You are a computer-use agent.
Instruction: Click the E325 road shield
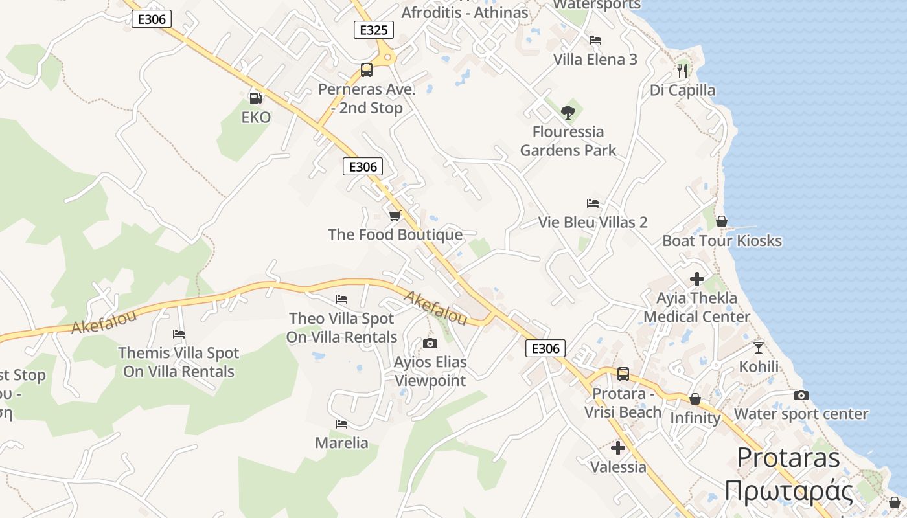point(374,30)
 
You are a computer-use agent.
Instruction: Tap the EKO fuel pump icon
point(255,98)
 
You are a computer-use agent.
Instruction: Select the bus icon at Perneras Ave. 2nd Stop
point(367,70)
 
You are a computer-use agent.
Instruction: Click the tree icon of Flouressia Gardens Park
point(568,113)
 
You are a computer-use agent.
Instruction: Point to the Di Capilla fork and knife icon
point(682,71)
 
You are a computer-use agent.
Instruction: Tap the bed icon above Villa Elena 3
point(595,40)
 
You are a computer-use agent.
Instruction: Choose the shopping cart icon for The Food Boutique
point(395,216)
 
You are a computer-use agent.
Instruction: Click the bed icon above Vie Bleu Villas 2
point(592,203)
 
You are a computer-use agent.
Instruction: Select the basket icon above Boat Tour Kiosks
point(722,221)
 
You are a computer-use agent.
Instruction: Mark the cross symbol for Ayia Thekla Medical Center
point(697,279)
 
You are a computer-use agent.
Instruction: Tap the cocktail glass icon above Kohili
point(759,347)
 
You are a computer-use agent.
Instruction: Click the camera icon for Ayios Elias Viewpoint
point(430,343)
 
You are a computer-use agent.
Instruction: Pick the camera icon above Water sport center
point(801,395)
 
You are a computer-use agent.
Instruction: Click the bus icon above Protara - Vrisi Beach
point(623,374)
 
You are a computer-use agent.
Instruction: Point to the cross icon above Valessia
point(618,447)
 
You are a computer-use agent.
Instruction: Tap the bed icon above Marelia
point(341,424)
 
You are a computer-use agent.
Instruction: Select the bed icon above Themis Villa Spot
point(179,334)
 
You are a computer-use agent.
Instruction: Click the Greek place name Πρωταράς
point(788,490)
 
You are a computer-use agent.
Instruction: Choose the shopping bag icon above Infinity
point(695,398)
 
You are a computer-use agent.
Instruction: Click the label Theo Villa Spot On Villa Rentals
point(341,328)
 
